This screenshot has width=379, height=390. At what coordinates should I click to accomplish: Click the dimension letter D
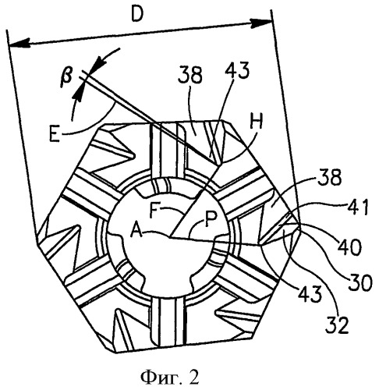coord(137,14)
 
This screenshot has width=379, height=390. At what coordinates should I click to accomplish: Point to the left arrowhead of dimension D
coord(18,43)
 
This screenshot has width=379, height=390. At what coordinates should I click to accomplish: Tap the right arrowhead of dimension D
coord(261,23)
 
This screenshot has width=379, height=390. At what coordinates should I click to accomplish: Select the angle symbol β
coord(67,78)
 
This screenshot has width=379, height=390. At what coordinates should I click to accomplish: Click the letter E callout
coord(55,133)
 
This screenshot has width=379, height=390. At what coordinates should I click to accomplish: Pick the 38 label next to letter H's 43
coord(190,75)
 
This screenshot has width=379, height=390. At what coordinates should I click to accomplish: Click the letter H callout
coord(257,122)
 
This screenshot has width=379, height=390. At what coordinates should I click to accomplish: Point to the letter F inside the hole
coord(154,210)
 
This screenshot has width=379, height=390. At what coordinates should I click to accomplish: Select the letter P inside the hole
coord(210,218)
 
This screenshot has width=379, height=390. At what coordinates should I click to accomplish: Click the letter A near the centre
coord(136,229)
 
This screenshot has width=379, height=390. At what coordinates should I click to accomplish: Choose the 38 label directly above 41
coord(329,178)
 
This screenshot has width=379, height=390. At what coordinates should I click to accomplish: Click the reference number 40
coord(349,247)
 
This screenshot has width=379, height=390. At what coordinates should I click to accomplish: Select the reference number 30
coord(360,282)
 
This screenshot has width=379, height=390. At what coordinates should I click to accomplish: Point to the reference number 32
coord(337,325)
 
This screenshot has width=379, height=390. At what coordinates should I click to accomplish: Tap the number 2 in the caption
coord(193,377)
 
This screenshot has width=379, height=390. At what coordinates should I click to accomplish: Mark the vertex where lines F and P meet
coord(170,237)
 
